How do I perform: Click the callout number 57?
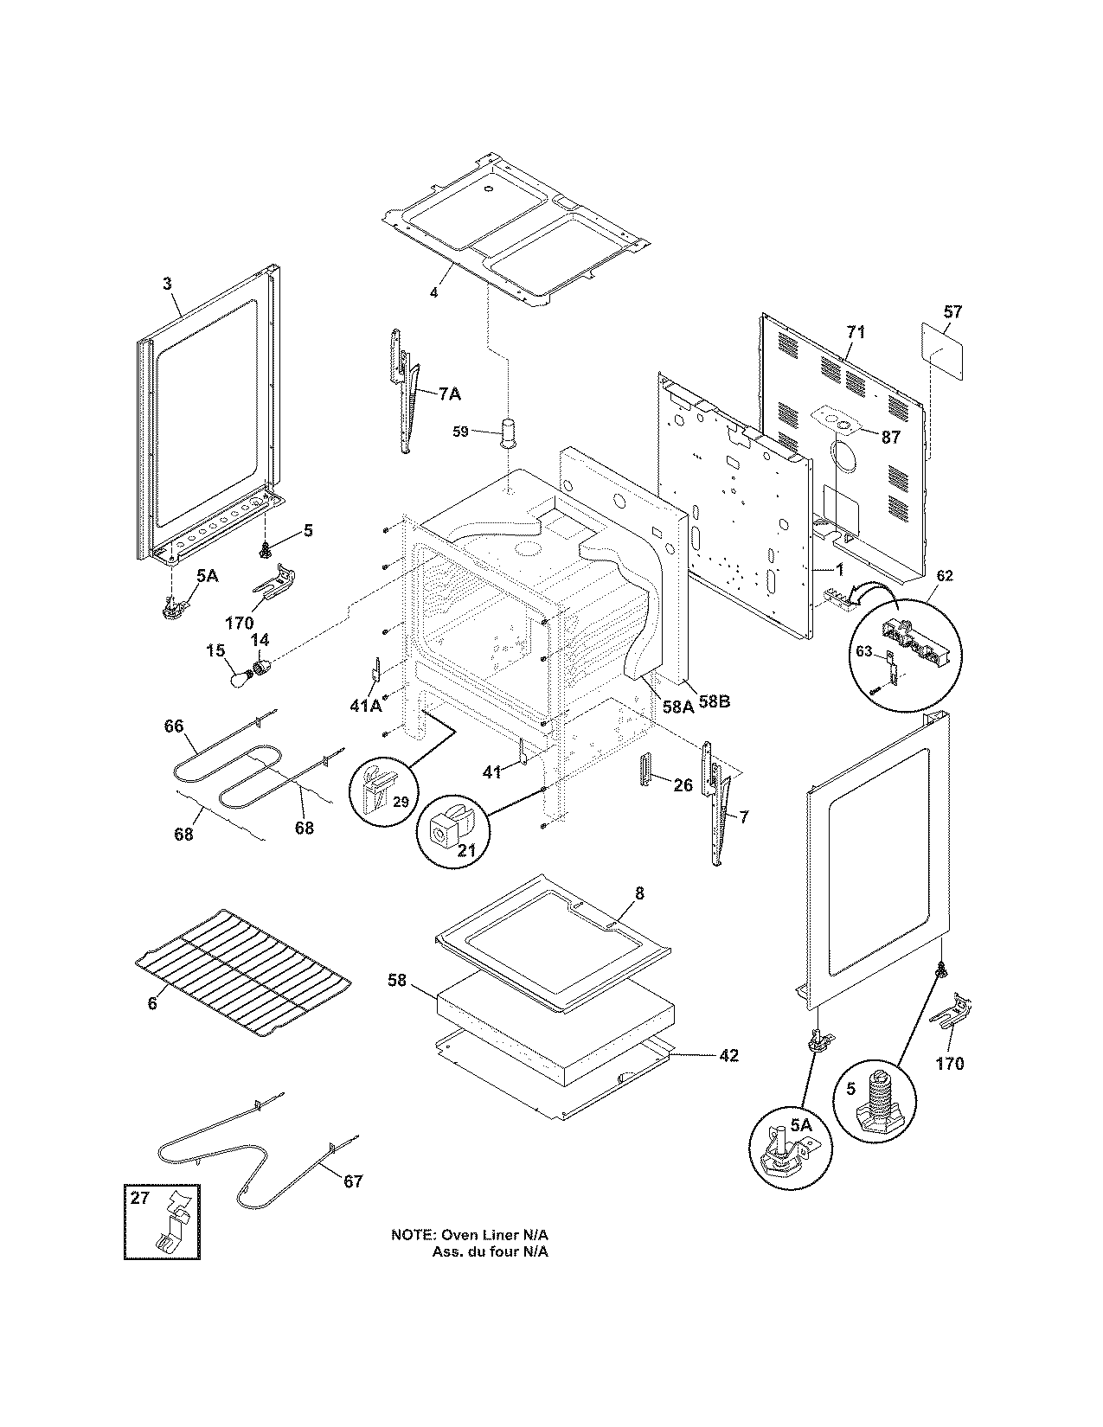(952, 311)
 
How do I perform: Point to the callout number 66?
(174, 726)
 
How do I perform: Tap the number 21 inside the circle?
(466, 851)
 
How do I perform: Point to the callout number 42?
(728, 1055)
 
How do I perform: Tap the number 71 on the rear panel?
(855, 332)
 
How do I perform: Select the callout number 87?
(891, 438)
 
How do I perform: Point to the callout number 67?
(353, 1181)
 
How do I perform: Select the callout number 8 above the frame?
(639, 893)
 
